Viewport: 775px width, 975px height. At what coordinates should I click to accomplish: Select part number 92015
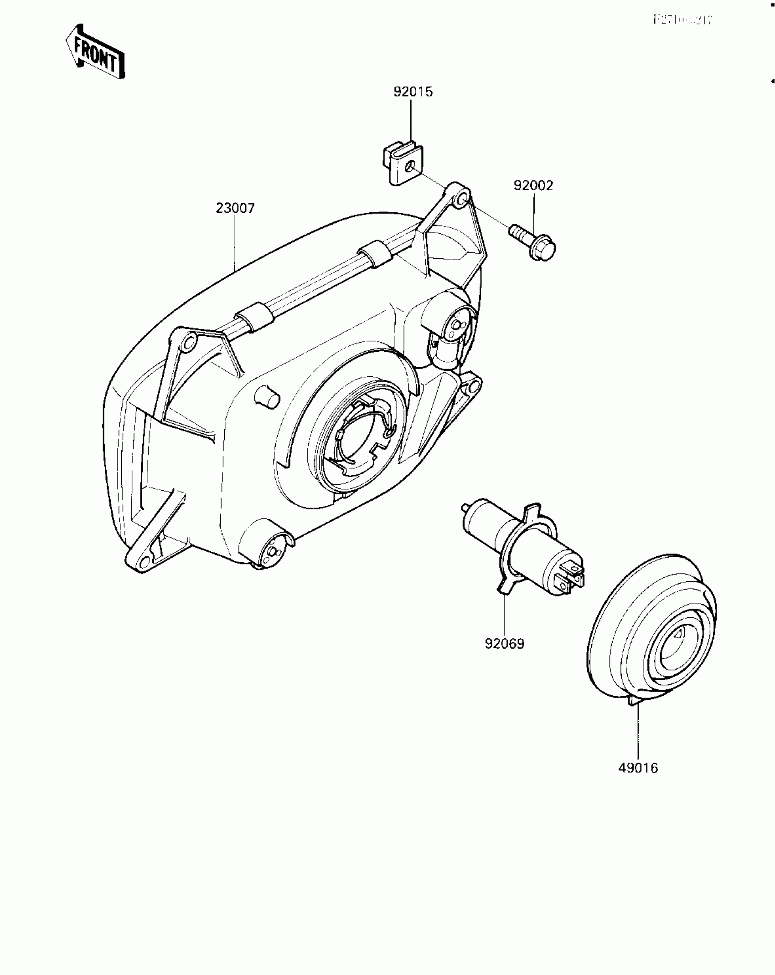point(413,92)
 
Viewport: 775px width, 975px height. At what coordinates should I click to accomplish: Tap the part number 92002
point(533,186)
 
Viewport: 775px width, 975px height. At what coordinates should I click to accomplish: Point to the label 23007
point(235,208)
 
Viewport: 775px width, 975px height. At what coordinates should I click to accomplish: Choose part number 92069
point(505,644)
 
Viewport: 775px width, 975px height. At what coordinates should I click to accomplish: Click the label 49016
point(638,768)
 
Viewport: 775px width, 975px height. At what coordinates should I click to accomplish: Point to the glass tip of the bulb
point(466,507)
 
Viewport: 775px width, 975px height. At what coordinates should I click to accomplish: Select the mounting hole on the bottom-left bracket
point(145,560)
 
